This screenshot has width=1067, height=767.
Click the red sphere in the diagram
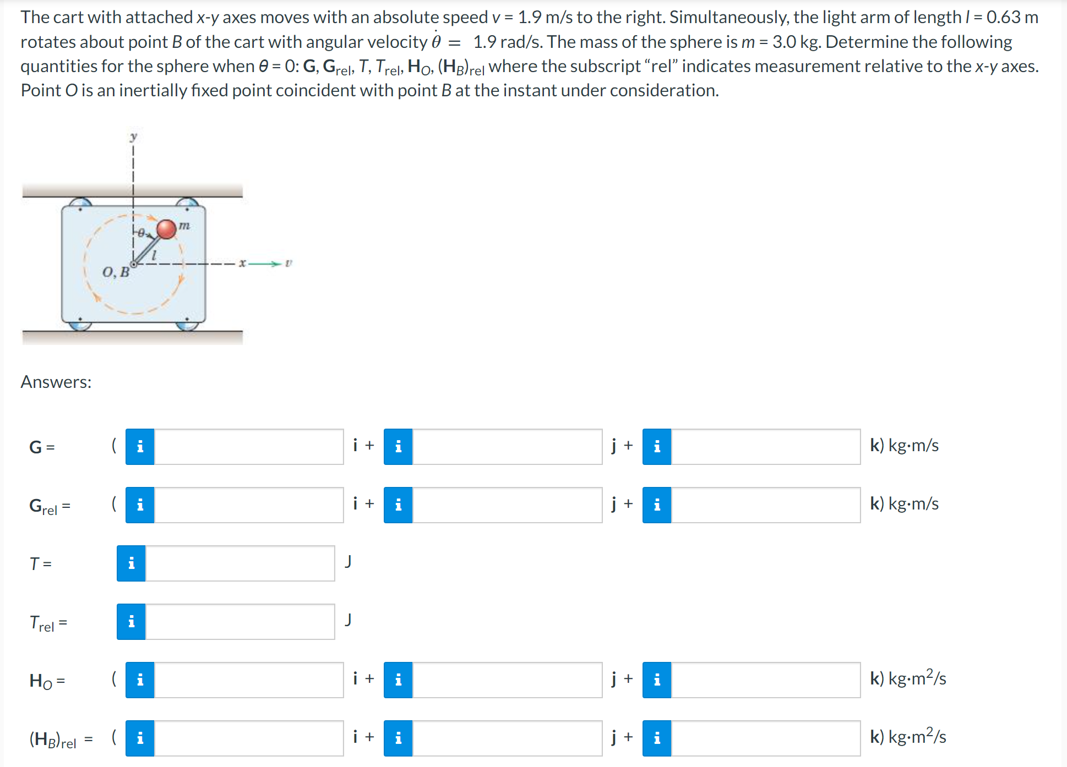[166, 229]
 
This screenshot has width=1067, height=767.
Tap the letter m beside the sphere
[184, 225]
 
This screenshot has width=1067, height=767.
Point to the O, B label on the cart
[116, 272]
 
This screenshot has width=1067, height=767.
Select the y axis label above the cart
[133, 136]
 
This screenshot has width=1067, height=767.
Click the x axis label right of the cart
[242, 263]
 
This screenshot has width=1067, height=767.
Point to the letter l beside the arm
[154, 255]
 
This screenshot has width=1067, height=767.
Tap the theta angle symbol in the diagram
[141, 233]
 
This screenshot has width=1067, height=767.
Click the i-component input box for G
[249, 446]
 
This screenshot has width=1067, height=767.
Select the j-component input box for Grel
[507, 505]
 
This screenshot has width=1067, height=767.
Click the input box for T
[240, 563]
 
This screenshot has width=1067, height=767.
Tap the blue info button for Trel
[131, 621]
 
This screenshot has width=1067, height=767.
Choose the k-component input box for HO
[765, 680]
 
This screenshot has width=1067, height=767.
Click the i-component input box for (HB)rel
[249, 738]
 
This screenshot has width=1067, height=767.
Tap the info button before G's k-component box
[657, 446]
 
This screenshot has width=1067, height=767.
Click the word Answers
[56, 382]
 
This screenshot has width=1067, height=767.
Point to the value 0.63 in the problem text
[1003, 17]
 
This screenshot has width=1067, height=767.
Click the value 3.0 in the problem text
[783, 42]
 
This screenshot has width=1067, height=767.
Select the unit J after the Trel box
[348, 620]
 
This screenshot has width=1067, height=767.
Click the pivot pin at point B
[133, 264]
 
